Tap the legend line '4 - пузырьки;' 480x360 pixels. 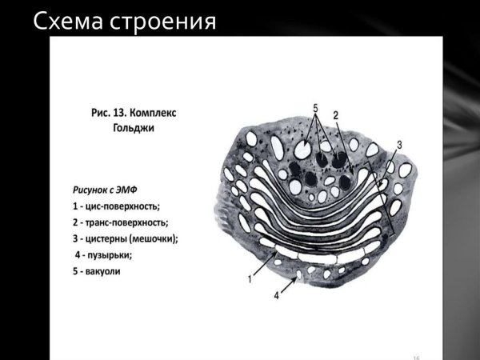tap(103, 255)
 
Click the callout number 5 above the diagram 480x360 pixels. tap(315, 107)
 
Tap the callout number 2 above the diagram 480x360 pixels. tap(336, 116)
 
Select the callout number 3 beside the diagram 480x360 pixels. tap(399, 145)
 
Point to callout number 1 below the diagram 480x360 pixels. tap(250, 279)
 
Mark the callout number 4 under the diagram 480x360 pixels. tap(277, 295)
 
